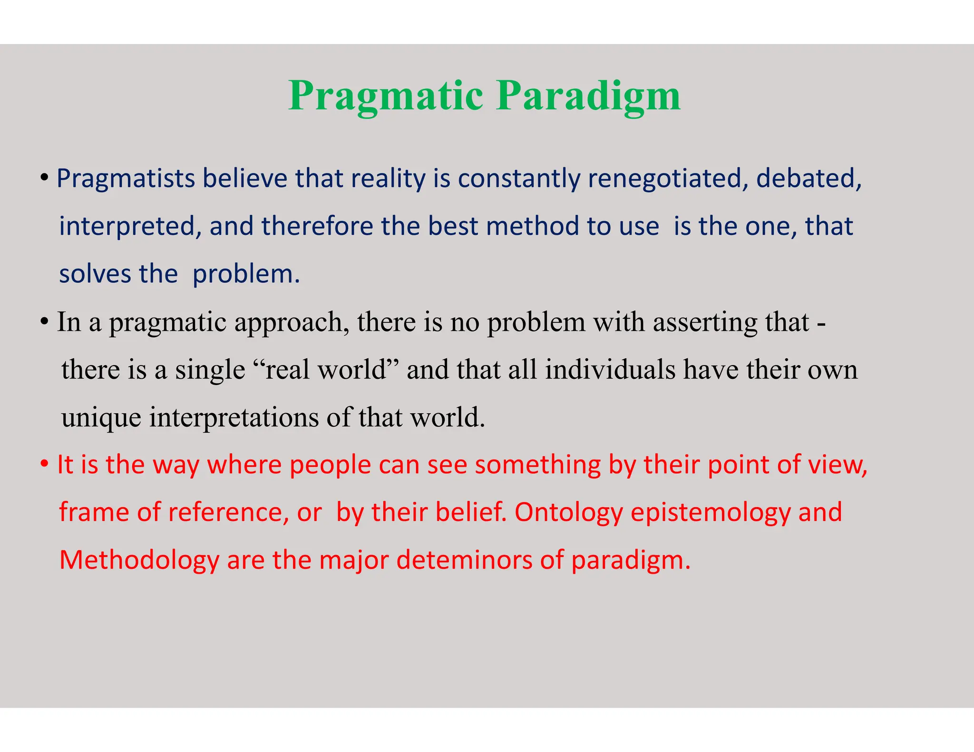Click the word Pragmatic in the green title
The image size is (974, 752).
point(386,96)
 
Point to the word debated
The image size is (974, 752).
point(808,179)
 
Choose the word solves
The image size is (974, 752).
point(95,274)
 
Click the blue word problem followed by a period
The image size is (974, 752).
point(246,274)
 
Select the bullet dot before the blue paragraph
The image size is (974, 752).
point(44,178)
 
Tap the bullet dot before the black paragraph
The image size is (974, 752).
point(44,322)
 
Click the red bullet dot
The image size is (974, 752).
point(44,464)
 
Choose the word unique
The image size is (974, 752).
point(101,418)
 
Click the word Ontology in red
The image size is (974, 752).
point(568,512)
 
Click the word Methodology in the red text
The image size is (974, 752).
point(139,560)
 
